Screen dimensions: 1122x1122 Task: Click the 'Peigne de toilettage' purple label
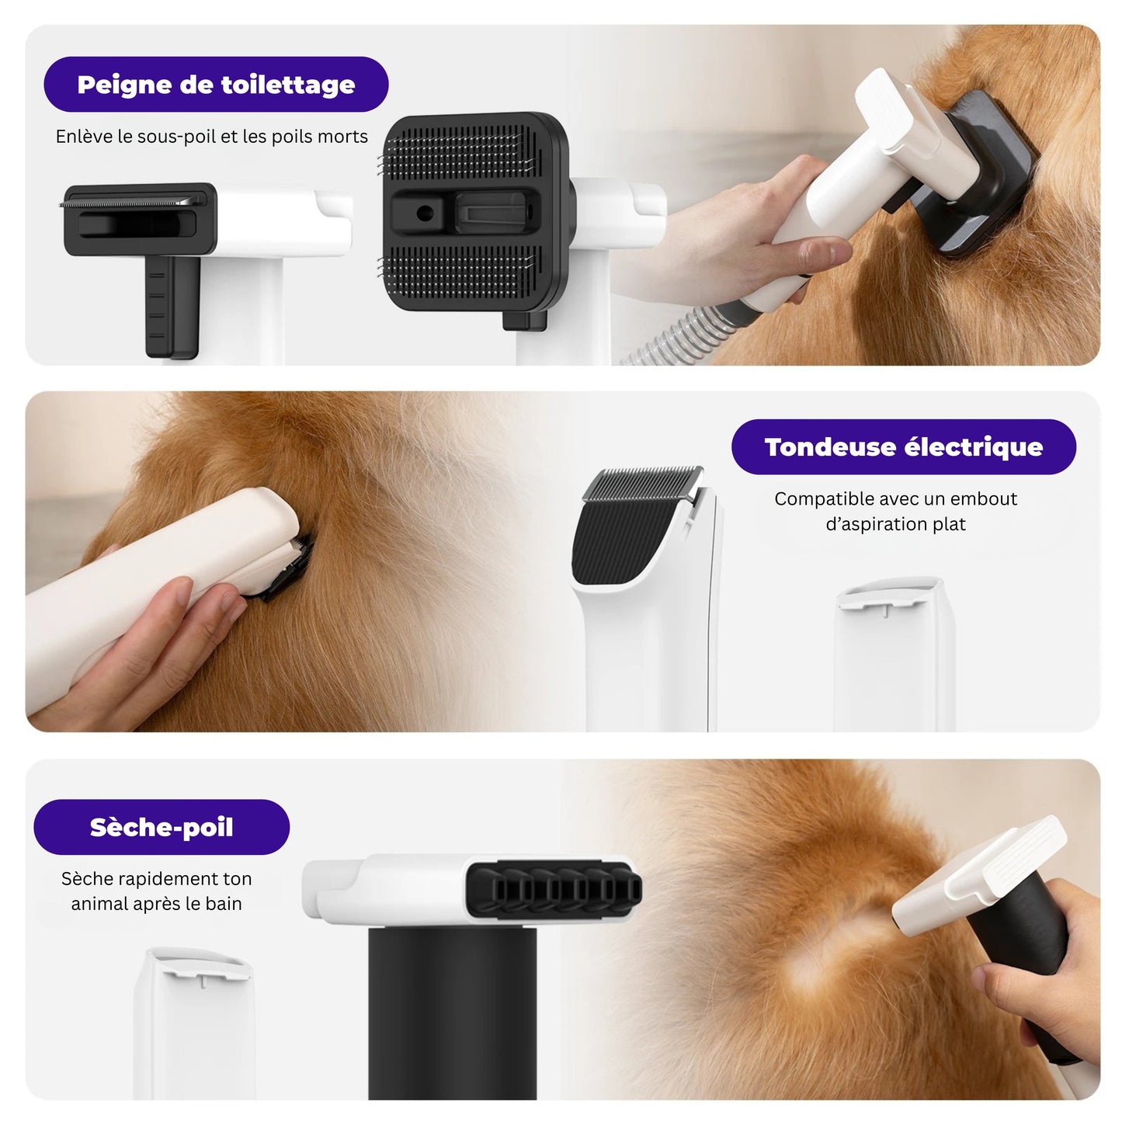pos(216,85)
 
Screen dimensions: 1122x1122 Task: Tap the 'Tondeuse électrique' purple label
pos(903,447)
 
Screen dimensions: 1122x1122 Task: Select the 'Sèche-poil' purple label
pos(162,828)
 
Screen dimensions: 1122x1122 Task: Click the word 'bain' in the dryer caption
pos(224,904)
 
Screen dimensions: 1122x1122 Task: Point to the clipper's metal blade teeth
pos(643,484)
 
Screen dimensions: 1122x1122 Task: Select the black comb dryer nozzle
pos(553,890)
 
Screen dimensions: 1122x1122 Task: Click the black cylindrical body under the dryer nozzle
pos(451,1009)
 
